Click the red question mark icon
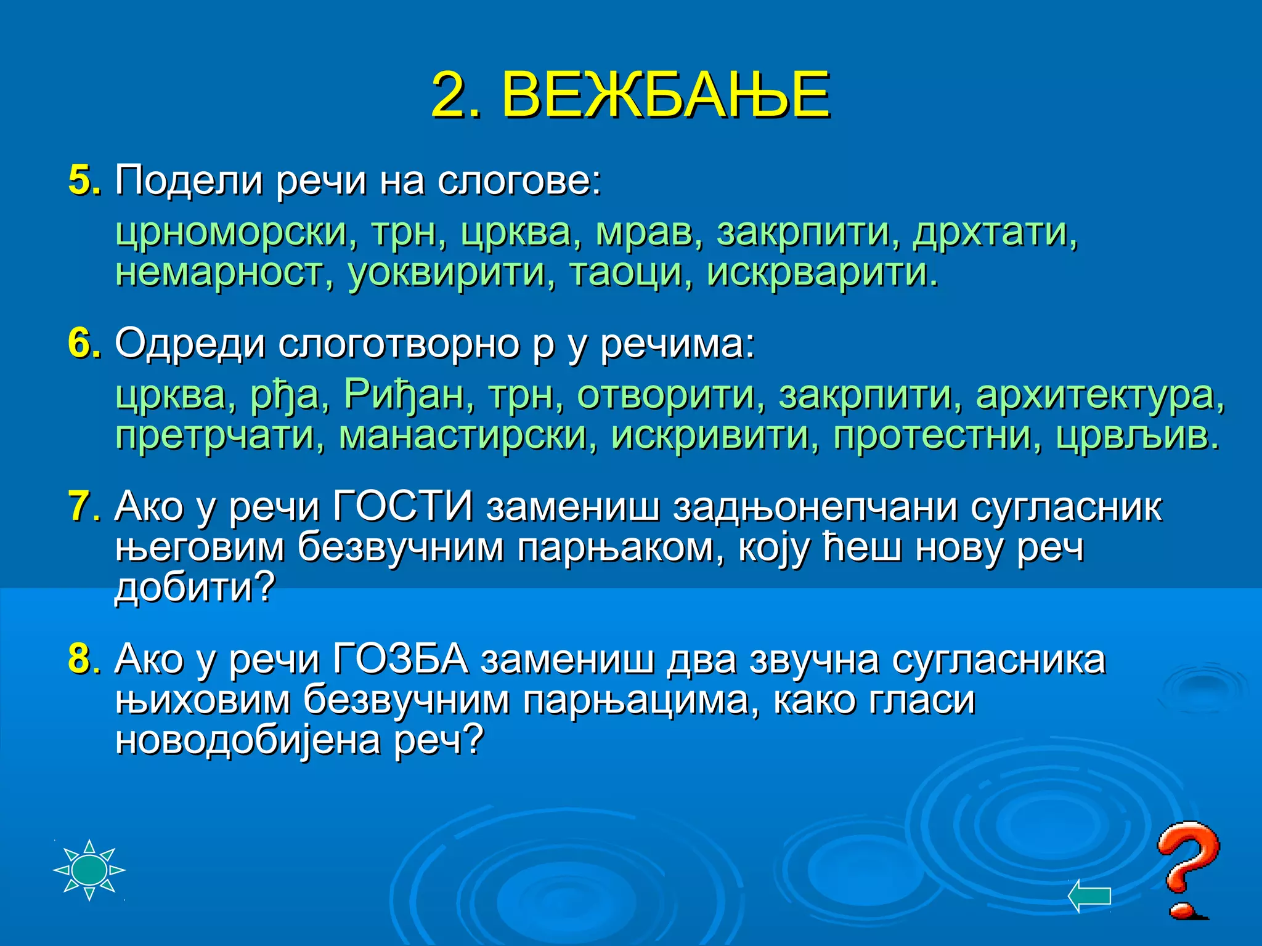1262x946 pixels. click(1186, 868)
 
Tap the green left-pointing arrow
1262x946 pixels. click(1089, 895)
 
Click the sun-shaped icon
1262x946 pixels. click(89, 870)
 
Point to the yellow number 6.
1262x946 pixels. click(81, 343)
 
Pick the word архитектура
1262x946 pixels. click(1100, 395)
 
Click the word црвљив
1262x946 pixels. click(1137, 435)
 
